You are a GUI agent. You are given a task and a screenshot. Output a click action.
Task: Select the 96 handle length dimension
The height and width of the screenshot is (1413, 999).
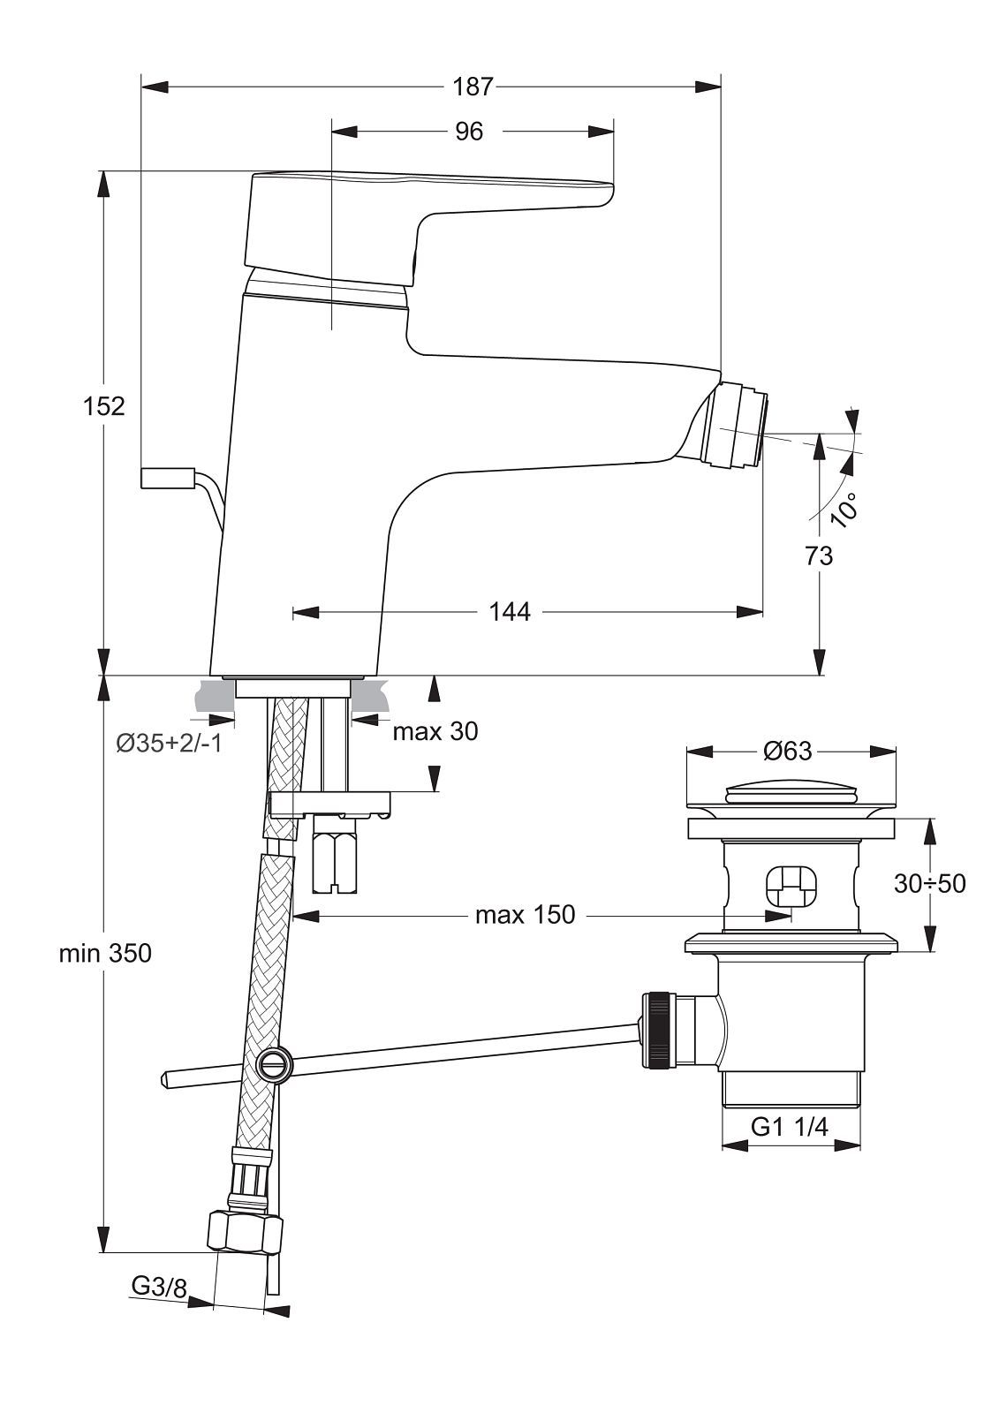[x=469, y=132]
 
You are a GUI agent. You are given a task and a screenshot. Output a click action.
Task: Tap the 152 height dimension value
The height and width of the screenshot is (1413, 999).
[x=104, y=407]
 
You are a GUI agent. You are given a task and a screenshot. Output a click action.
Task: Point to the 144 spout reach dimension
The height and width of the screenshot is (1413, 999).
[x=510, y=611]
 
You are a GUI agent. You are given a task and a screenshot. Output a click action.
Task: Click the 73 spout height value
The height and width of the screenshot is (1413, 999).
[x=819, y=555]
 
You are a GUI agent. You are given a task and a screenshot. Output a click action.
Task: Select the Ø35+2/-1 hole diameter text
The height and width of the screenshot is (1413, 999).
[x=169, y=744]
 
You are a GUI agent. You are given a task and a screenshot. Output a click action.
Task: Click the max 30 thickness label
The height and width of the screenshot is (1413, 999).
[x=435, y=732]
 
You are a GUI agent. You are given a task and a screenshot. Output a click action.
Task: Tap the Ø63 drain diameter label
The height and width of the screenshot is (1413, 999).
[x=788, y=751]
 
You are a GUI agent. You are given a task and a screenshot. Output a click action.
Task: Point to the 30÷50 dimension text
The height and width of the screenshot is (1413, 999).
[x=929, y=884]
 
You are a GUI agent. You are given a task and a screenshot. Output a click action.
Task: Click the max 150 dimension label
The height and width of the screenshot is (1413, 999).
[x=525, y=915]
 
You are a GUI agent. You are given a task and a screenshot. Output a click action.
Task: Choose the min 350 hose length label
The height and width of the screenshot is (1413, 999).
[x=105, y=953]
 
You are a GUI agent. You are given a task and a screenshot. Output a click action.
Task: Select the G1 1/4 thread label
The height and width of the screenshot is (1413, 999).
[x=790, y=1126]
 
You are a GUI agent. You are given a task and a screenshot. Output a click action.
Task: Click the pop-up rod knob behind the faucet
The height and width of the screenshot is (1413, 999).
[x=168, y=478]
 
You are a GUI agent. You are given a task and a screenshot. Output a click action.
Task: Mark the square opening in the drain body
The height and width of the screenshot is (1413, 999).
[x=786, y=888]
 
